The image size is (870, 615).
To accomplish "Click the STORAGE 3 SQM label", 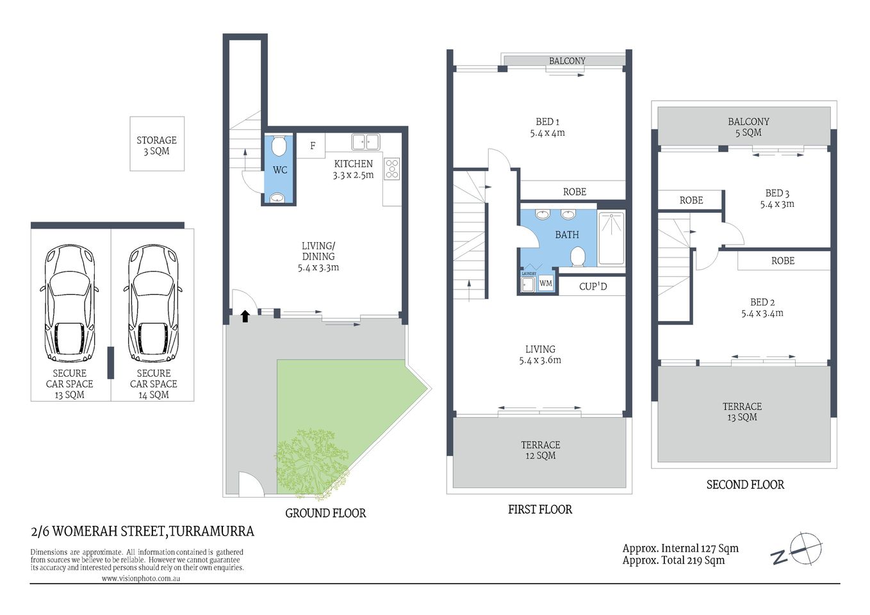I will (x=156, y=145).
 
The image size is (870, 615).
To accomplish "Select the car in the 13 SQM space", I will (x=69, y=303).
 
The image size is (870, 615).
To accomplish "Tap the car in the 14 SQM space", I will (x=153, y=303).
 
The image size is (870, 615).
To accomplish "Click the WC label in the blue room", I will (x=280, y=170).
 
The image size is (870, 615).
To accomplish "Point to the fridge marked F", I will (x=313, y=146).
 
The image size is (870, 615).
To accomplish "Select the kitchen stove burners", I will (x=391, y=168).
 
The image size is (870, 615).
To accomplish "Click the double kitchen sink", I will (x=365, y=142).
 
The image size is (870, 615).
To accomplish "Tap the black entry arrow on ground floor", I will (x=245, y=316).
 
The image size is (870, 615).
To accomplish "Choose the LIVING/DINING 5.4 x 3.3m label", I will (x=318, y=256).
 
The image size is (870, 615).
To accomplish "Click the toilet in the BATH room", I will (x=577, y=256).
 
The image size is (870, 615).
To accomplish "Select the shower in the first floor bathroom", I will (x=611, y=238).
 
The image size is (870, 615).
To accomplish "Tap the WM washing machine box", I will (x=545, y=283).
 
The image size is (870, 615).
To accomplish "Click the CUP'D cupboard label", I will (x=593, y=286).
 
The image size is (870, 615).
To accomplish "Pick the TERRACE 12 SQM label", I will (x=540, y=450).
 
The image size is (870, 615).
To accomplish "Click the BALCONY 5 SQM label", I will (x=748, y=127).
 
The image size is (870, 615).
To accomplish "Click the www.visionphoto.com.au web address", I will (x=140, y=578).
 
